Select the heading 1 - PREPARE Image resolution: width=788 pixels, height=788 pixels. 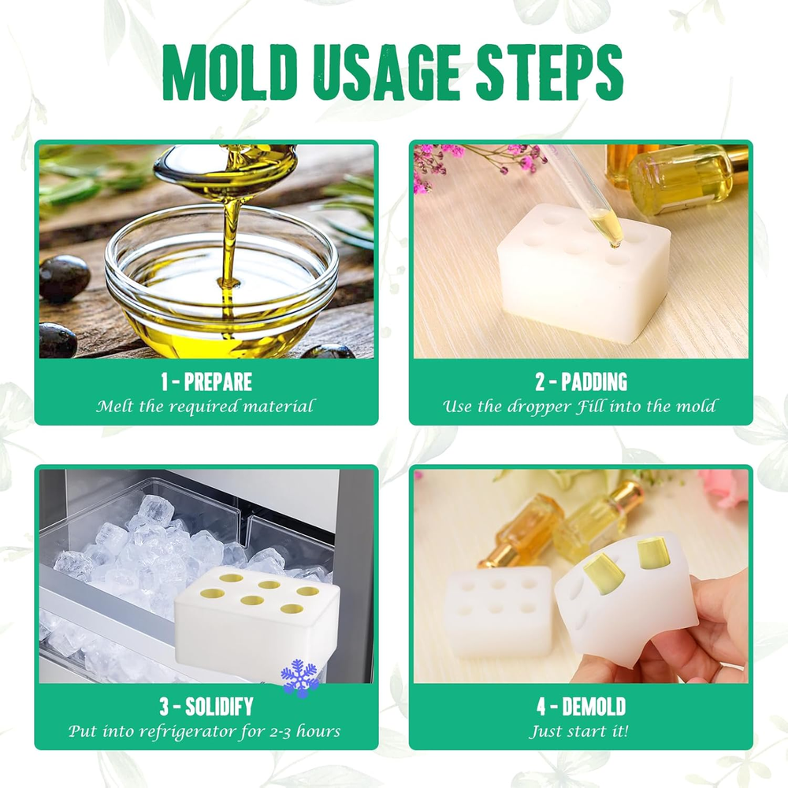click(x=206, y=382)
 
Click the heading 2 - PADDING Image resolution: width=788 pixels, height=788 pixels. click(x=581, y=382)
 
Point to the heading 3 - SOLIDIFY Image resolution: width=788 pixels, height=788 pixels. click(x=206, y=705)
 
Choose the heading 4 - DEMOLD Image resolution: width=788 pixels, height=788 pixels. click(x=581, y=705)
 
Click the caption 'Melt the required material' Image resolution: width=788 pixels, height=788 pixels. click(x=206, y=407)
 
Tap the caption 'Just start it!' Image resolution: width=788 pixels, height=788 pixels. click(x=580, y=730)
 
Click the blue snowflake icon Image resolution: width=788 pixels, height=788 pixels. click(x=300, y=678)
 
